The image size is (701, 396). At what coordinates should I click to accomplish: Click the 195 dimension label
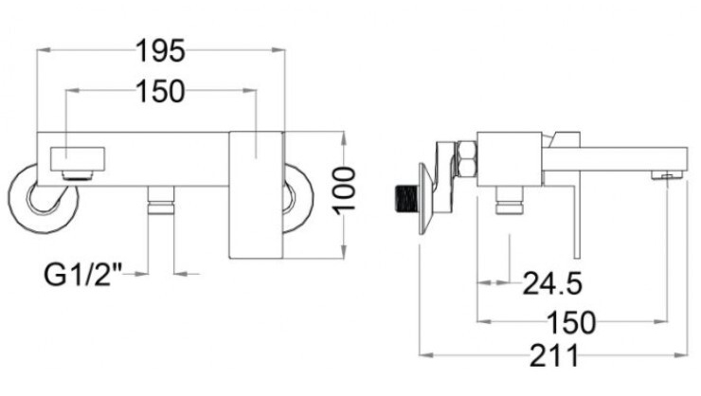(x=160, y=50)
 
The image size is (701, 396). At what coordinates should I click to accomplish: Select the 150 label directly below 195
(x=160, y=91)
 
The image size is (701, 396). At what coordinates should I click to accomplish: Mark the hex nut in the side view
(x=465, y=159)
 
